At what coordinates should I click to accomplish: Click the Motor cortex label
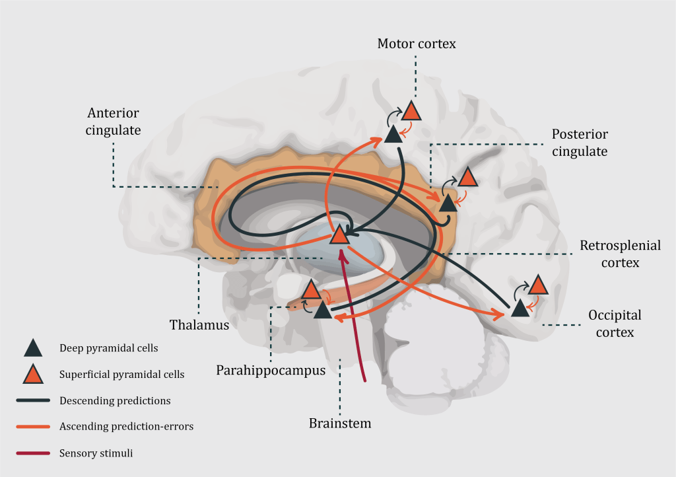(417, 44)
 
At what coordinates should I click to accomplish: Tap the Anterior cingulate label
(113, 122)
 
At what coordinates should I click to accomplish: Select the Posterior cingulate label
(580, 143)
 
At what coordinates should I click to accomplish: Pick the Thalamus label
(199, 325)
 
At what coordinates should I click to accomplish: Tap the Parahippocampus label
(271, 371)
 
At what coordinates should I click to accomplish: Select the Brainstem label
(340, 423)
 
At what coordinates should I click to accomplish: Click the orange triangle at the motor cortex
(411, 111)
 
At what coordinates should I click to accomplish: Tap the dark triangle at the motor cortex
(393, 135)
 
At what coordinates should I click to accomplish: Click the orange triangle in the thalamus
(339, 235)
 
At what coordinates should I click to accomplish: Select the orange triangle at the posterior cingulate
(467, 177)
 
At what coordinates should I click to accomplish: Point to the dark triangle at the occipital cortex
(520, 307)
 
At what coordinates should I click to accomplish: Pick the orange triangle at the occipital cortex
(538, 285)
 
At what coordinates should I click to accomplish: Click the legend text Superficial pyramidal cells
(121, 374)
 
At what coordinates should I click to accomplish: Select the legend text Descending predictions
(115, 400)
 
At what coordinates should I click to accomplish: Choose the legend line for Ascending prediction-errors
(33, 427)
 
